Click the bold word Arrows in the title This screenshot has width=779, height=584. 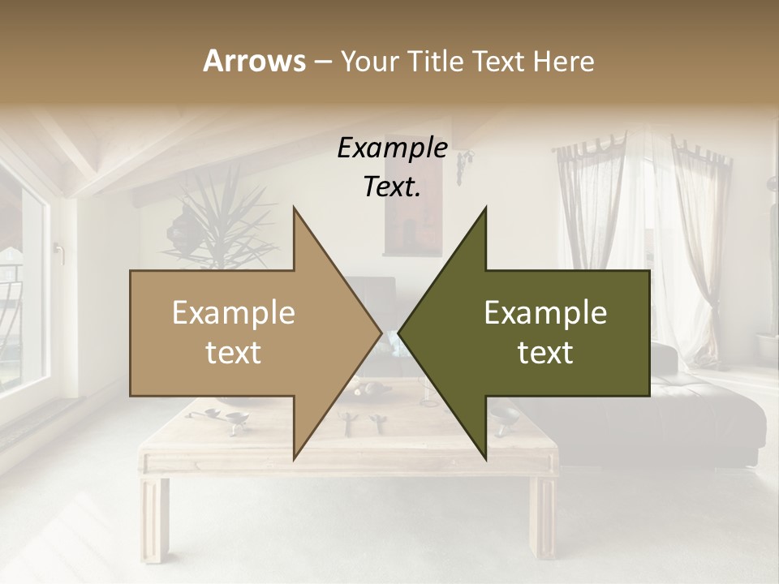254,61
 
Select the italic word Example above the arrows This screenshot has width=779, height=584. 392,148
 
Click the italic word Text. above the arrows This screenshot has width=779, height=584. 392,187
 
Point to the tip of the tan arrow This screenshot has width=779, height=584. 380,333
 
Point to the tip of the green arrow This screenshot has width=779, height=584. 400,333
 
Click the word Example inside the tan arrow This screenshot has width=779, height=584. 234,313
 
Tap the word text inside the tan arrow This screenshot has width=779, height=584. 234,353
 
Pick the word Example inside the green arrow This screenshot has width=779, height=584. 545,313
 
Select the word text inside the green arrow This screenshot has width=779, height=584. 545,353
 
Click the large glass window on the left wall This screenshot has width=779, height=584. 20,284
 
